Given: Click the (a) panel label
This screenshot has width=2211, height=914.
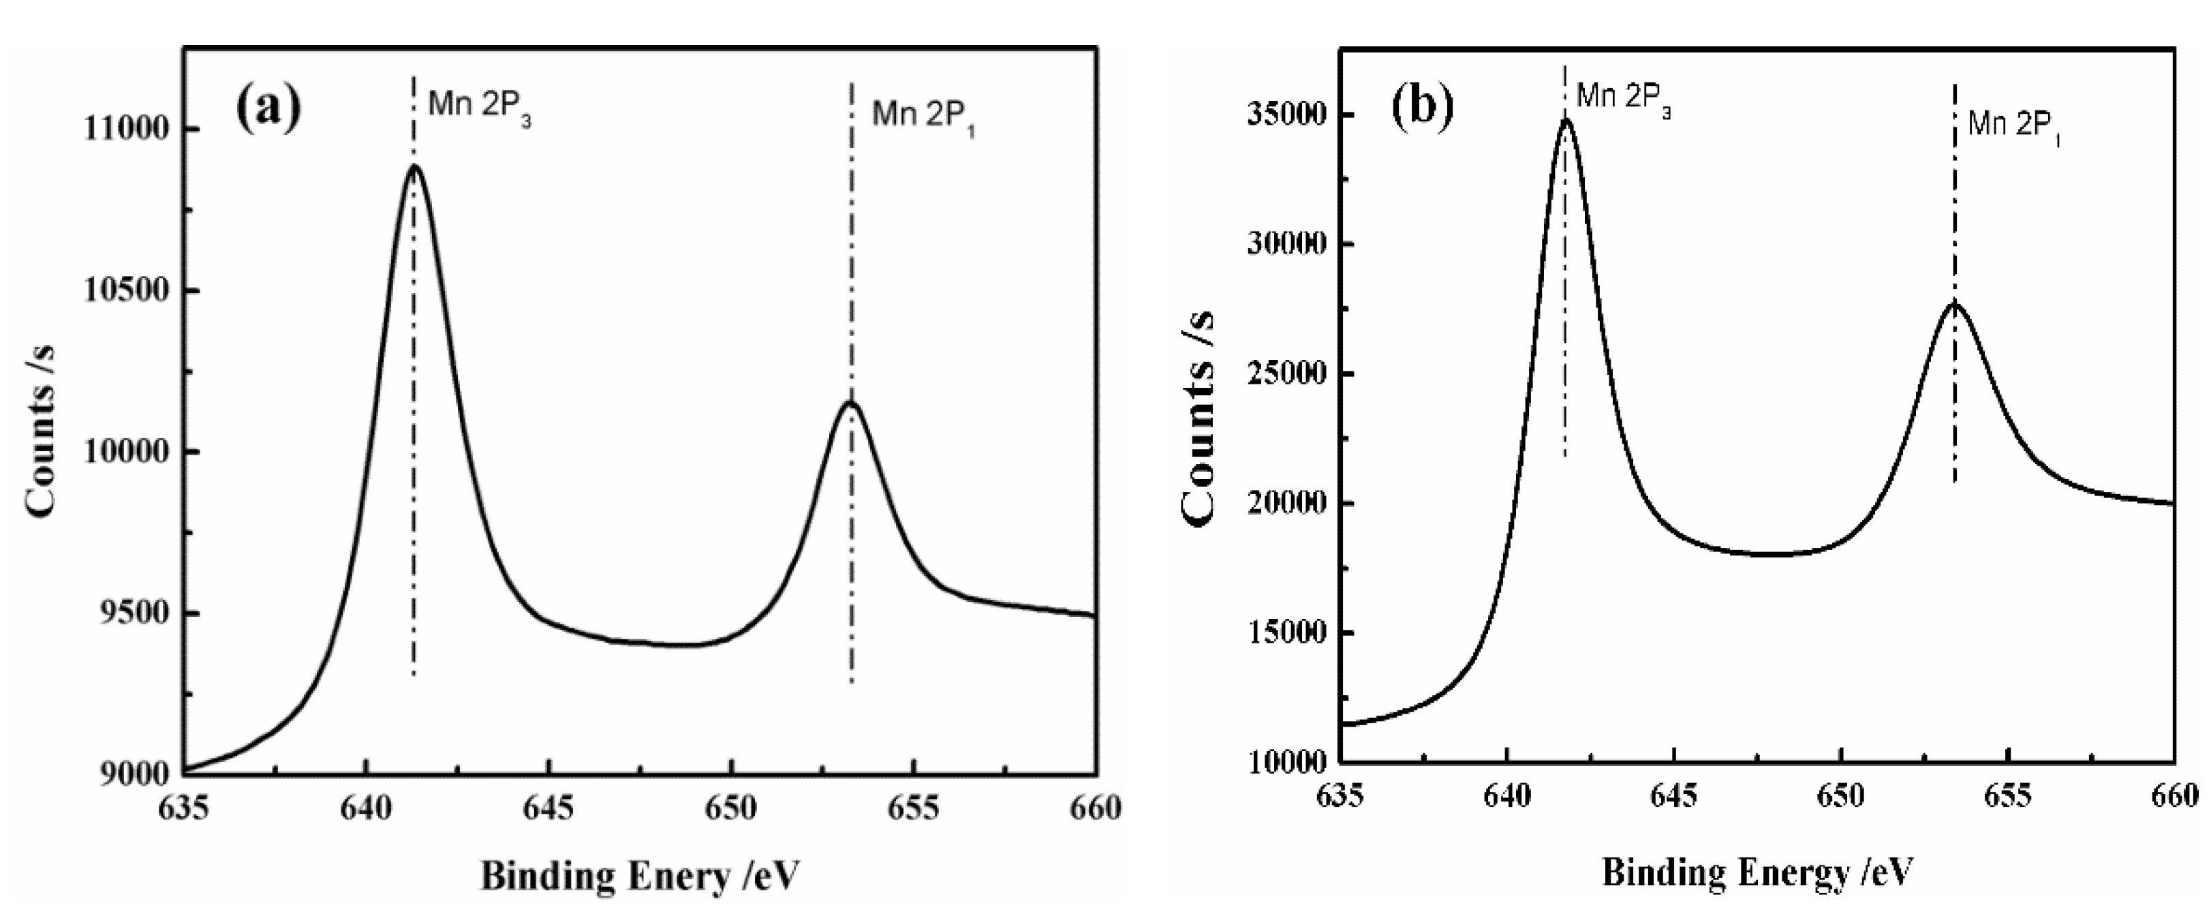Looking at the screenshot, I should [268, 108].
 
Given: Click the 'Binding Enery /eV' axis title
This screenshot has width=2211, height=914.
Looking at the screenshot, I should [639, 875].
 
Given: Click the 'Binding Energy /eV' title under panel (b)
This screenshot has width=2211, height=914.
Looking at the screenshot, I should [1759, 873].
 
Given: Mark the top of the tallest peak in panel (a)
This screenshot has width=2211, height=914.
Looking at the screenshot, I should [414, 166].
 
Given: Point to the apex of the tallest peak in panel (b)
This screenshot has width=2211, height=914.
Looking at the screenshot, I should [1566, 120].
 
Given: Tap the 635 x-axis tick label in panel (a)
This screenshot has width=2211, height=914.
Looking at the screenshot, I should [184, 808].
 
